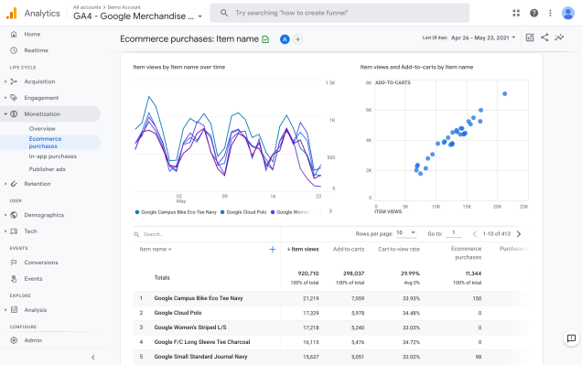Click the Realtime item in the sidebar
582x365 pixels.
(36, 50)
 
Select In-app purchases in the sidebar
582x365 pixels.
(52, 156)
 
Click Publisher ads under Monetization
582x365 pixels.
(47, 168)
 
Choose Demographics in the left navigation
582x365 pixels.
(44, 214)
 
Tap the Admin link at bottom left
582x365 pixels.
(33, 339)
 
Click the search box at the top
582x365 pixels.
(357, 13)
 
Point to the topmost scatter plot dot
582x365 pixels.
(504, 93)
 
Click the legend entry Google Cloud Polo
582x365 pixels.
(242, 211)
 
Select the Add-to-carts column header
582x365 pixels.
(349, 249)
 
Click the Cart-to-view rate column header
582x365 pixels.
(400, 249)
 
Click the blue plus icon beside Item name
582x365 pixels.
(272, 249)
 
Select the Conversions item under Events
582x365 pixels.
(41, 263)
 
